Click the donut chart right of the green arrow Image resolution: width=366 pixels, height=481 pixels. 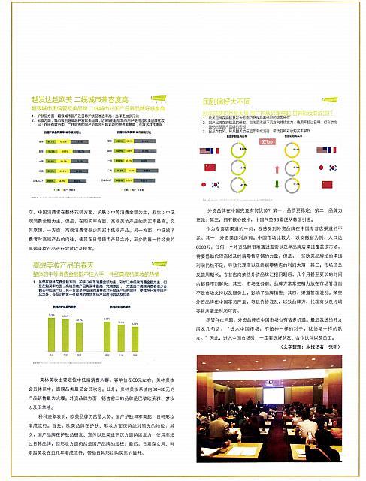298,183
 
